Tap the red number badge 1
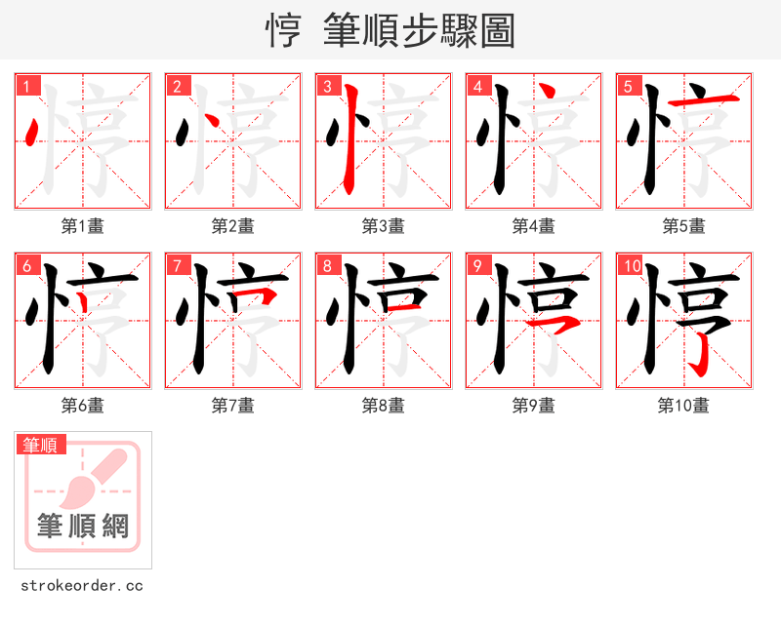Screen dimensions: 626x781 pos(28,87)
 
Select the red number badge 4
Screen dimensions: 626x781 pos(478,87)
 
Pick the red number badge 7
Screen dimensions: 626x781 pos(178,266)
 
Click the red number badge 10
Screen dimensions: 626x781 pos(633,266)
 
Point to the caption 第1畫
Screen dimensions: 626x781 pos(83,226)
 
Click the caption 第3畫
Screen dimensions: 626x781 pos(384,226)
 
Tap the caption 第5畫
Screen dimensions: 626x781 pos(683,226)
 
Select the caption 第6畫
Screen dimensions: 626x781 pos(83,406)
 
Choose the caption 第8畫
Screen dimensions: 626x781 pos(384,406)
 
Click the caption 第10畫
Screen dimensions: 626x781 pos(683,406)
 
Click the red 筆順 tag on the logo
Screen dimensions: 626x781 pos(42,446)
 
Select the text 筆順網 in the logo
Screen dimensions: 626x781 pos(83,527)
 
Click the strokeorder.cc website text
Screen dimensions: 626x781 pos(83,586)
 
